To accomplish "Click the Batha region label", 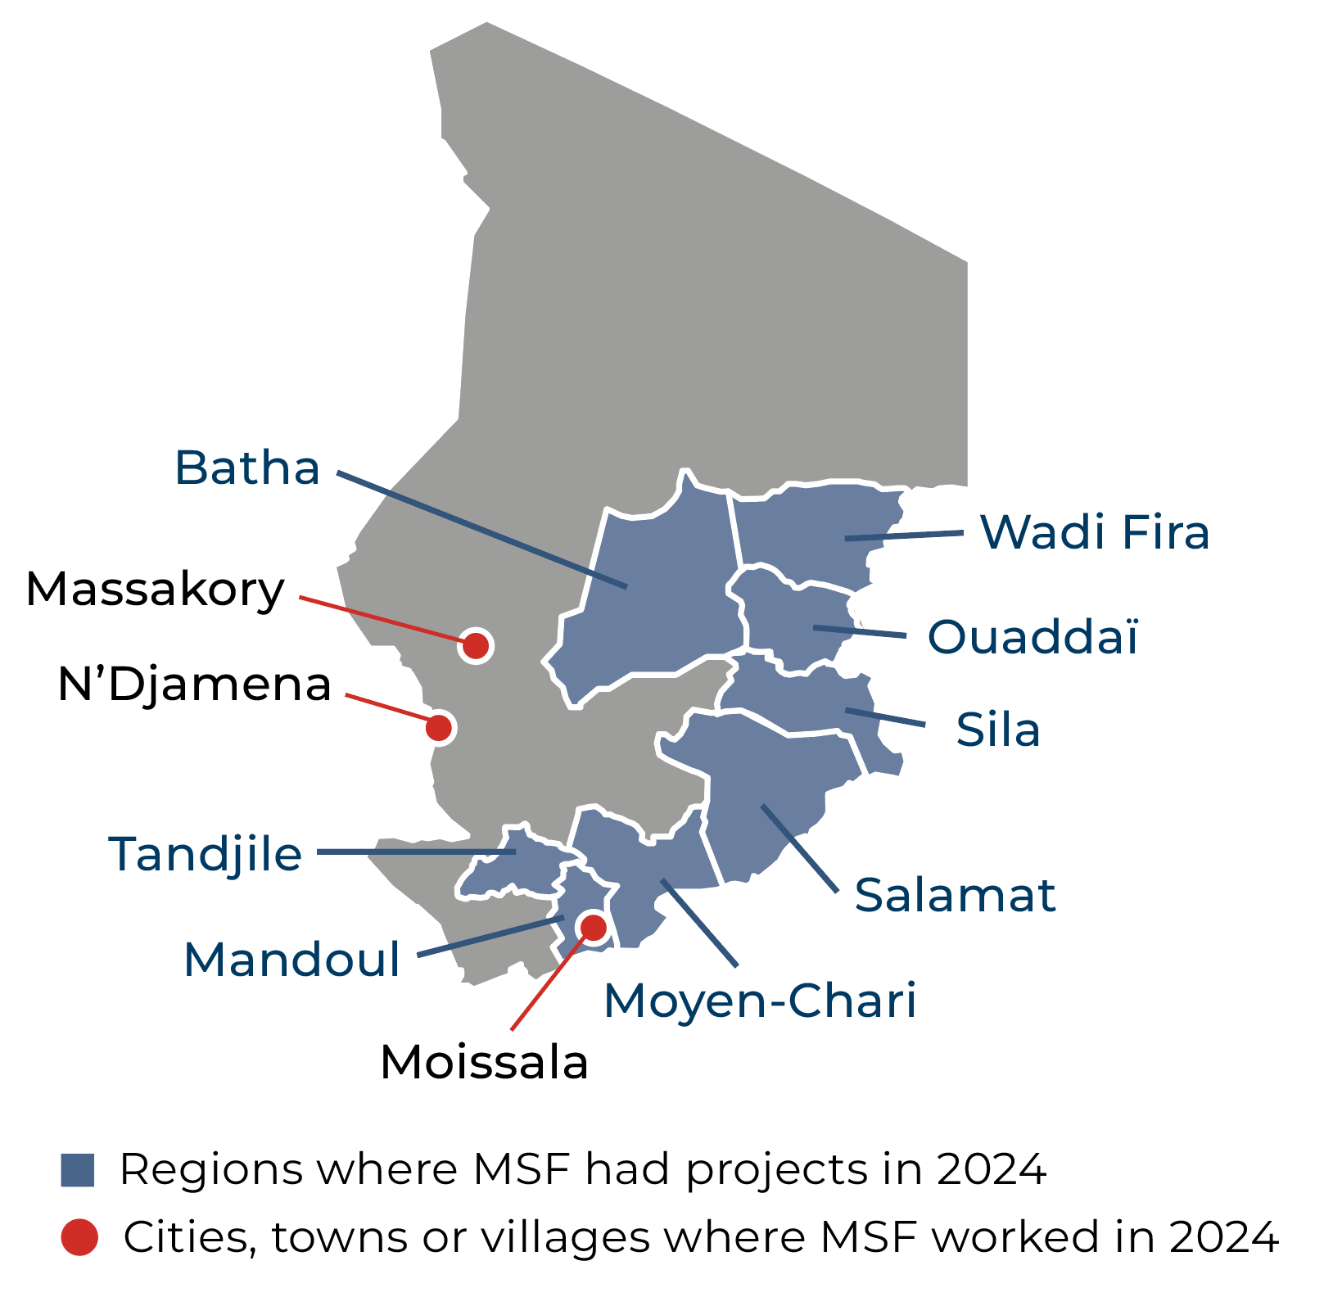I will [x=246, y=468].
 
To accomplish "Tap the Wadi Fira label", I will [x=1095, y=531].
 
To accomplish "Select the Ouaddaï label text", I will [x=1033, y=636].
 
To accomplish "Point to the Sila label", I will [x=998, y=730].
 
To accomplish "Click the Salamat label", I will [x=955, y=894].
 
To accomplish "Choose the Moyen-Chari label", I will [x=760, y=1000].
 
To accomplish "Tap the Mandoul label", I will [x=291, y=959].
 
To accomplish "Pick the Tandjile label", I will [x=206, y=853].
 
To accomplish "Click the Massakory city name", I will [x=155, y=589].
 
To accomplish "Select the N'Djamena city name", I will [x=194, y=685].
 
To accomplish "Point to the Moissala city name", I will [x=484, y=1063].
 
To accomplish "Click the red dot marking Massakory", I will [x=476, y=646].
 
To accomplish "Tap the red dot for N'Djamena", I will [x=440, y=726].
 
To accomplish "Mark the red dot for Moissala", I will [x=592, y=927].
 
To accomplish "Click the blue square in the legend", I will [x=78, y=1170].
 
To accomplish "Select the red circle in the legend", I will [x=79, y=1237].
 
